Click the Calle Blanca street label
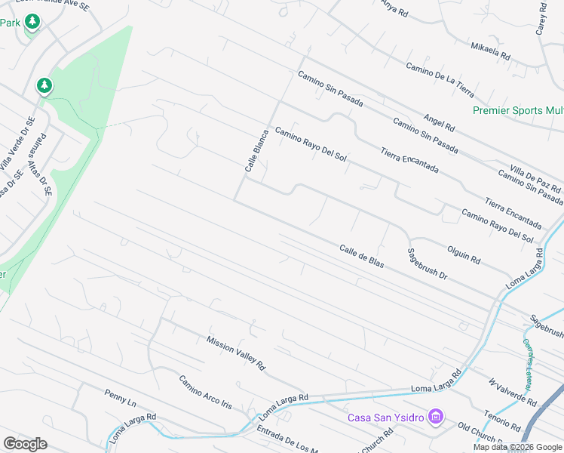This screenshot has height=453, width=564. tap(256, 148)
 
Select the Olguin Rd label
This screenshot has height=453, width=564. tap(463, 253)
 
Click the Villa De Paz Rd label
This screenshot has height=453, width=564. tap(536, 178)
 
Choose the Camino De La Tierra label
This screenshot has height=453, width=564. tap(440, 80)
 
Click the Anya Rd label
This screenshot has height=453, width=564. tap(394, 9)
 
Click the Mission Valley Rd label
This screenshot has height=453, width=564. tap(236, 353)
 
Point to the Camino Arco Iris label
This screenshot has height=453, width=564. tap(205, 391)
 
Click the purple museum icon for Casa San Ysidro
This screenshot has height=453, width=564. tap(435, 416)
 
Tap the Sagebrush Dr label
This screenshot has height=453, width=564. tap(428, 264)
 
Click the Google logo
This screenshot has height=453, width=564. tap(25, 444)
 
